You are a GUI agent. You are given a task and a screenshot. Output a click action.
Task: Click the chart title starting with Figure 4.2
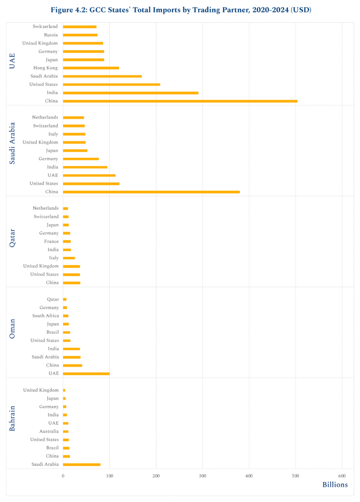click(x=180, y=10)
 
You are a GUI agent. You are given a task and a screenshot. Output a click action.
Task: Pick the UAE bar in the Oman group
click(x=86, y=374)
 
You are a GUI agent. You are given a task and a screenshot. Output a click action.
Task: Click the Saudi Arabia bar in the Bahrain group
click(x=82, y=464)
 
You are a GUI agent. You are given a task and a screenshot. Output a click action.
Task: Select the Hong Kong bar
click(x=91, y=68)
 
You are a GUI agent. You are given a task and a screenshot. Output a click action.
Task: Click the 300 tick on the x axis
click(x=203, y=476)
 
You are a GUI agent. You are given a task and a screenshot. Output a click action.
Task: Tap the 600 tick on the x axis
click(x=342, y=476)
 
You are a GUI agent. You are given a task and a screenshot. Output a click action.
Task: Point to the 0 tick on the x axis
click(x=63, y=476)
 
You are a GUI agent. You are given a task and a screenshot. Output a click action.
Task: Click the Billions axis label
click(x=335, y=485)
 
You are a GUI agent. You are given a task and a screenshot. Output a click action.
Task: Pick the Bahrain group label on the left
click(x=13, y=418)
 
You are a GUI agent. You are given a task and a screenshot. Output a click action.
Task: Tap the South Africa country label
click(x=46, y=316)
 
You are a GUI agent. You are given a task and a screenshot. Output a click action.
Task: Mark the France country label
click(x=51, y=241)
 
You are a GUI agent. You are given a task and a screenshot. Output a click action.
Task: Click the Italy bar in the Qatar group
click(x=69, y=258)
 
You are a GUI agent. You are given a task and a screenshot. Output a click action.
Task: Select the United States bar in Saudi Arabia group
click(x=91, y=183)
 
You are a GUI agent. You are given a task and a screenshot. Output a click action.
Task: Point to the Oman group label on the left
click(x=13, y=328)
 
